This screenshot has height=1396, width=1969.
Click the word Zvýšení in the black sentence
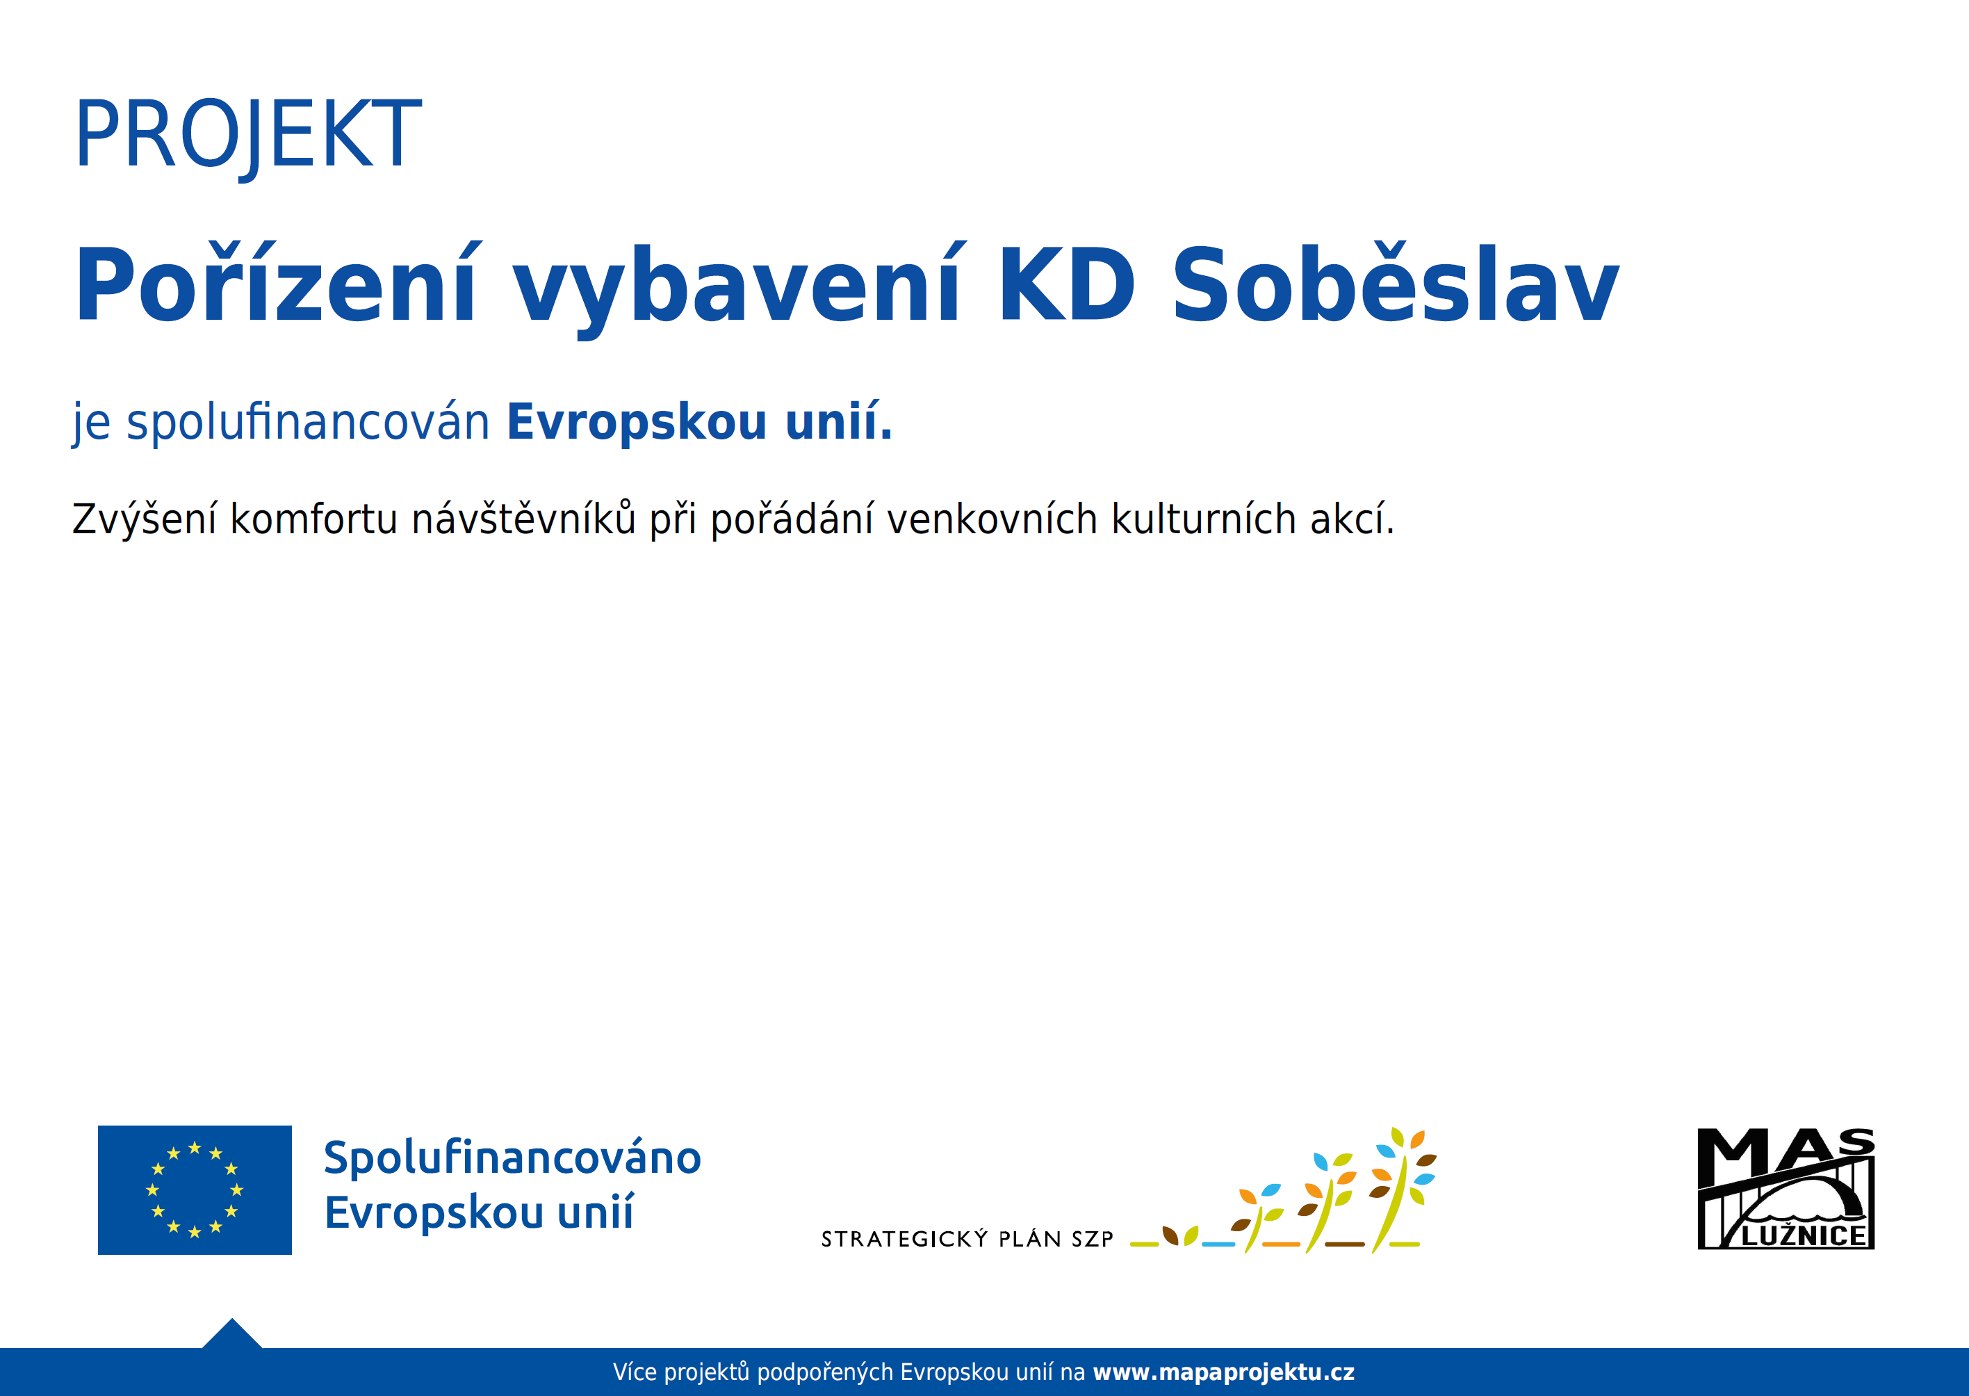click(144, 519)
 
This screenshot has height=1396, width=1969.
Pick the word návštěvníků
click(523, 519)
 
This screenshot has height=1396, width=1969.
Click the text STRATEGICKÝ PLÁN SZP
click(967, 1239)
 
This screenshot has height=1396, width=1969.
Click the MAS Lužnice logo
click(1786, 1188)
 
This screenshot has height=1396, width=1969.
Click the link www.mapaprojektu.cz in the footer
click(1223, 1372)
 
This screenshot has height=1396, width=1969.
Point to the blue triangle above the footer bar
click(232, 1335)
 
